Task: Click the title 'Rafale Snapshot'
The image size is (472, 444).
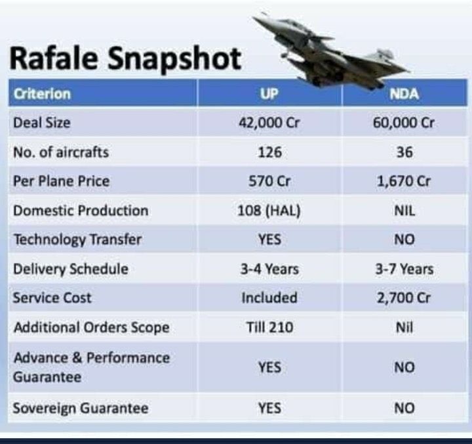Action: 125,58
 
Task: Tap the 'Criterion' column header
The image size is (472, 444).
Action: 42,93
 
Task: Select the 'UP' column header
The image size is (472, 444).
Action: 269,93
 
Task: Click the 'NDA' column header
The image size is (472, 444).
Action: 404,93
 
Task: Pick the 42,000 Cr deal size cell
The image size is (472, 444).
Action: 269,123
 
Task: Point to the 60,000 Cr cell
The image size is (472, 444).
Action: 404,123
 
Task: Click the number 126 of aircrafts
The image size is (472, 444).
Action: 269,152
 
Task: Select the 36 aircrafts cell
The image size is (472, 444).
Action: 404,152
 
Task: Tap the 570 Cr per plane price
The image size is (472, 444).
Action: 269,181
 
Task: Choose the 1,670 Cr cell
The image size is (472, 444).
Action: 404,181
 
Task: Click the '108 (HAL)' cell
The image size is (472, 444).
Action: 269,211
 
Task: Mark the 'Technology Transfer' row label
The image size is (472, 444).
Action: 77,239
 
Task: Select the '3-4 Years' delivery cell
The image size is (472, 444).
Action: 269,269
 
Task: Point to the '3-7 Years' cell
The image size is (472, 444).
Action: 404,269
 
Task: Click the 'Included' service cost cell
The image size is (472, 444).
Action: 269,298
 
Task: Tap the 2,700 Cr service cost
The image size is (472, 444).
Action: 404,298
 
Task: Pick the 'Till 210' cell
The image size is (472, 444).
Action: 269,327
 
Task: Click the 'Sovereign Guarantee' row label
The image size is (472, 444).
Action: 81,409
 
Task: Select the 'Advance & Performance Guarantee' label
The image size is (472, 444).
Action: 91,367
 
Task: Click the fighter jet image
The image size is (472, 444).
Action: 334,53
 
